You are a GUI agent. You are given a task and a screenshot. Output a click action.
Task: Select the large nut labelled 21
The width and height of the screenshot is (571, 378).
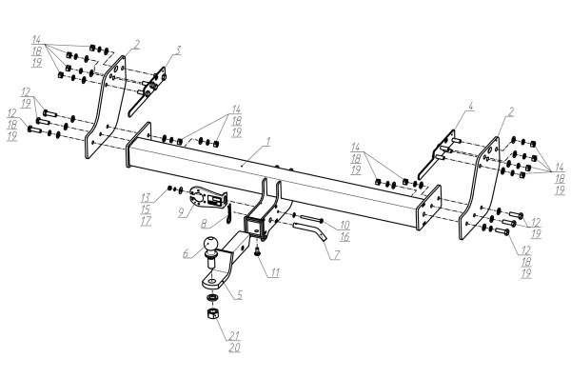(x=212, y=313)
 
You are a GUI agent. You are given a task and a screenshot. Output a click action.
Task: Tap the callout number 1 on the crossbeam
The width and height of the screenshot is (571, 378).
(x=268, y=142)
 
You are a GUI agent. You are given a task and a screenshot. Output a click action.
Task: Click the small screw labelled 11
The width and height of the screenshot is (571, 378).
(x=258, y=250)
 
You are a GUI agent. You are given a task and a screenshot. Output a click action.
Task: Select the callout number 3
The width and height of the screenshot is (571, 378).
(x=177, y=50)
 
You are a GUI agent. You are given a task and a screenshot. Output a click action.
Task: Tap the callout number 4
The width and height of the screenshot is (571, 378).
(x=470, y=107)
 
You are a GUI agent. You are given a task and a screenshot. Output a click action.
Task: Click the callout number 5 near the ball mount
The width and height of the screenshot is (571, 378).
(x=239, y=294)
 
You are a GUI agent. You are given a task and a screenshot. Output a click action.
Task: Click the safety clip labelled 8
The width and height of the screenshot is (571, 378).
(x=228, y=214)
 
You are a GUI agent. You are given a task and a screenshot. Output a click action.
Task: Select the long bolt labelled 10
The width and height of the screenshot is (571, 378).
(x=308, y=220)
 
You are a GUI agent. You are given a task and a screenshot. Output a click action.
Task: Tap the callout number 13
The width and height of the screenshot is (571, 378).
(x=146, y=198)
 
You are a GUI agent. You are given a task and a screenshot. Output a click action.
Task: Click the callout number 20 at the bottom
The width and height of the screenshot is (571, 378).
(x=235, y=348)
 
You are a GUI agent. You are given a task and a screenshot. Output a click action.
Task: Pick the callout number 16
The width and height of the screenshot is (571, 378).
(x=345, y=237)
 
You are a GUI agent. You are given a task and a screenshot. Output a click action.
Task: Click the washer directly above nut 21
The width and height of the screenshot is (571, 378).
(x=211, y=298)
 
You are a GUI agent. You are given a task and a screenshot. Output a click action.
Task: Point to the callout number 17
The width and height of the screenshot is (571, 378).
(x=146, y=221)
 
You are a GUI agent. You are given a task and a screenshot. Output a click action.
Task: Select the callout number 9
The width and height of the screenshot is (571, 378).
(x=182, y=212)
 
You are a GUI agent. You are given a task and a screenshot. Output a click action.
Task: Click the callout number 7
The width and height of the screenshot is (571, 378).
(x=336, y=255)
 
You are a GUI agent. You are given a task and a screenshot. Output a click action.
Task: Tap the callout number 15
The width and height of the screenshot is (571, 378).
(x=146, y=209)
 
